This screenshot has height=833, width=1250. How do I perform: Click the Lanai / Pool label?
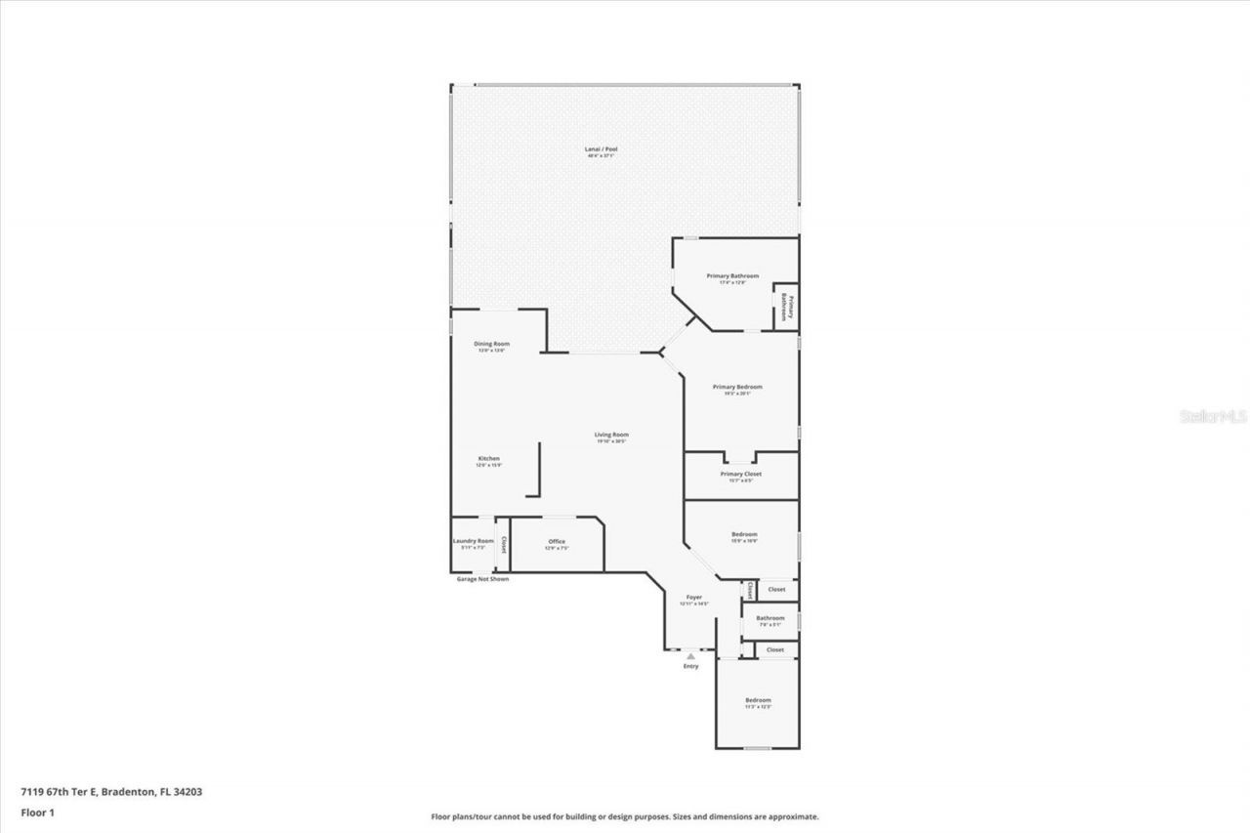click(x=601, y=149)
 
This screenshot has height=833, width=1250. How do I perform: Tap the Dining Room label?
click(x=492, y=344)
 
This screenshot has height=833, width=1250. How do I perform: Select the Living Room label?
click(x=612, y=436)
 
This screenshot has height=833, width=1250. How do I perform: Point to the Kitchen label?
click(x=488, y=459)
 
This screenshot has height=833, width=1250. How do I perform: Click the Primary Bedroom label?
click(x=737, y=388)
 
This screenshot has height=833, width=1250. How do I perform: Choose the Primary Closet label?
click(x=740, y=475)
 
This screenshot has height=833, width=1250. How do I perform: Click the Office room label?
click(x=557, y=542)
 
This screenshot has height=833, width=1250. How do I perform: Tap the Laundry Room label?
click(x=473, y=541)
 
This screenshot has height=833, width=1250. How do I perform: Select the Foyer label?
click(x=693, y=597)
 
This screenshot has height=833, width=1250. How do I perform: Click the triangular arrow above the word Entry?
click(x=691, y=656)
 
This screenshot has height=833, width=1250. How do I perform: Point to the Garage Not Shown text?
click(x=482, y=579)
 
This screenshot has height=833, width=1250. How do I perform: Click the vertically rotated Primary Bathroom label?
click(x=786, y=308)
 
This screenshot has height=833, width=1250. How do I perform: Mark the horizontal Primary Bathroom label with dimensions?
click(x=732, y=276)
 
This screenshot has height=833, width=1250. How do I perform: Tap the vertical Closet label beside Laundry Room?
click(x=504, y=544)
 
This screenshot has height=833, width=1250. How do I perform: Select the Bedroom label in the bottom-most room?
click(x=758, y=700)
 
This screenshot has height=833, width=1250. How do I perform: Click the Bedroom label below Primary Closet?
click(x=744, y=534)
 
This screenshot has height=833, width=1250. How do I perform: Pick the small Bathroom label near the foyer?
click(x=770, y=618)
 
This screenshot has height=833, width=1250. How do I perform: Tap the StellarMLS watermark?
click(x=1214, y=416)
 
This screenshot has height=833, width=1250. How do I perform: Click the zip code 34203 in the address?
click(x=186, y=793)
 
